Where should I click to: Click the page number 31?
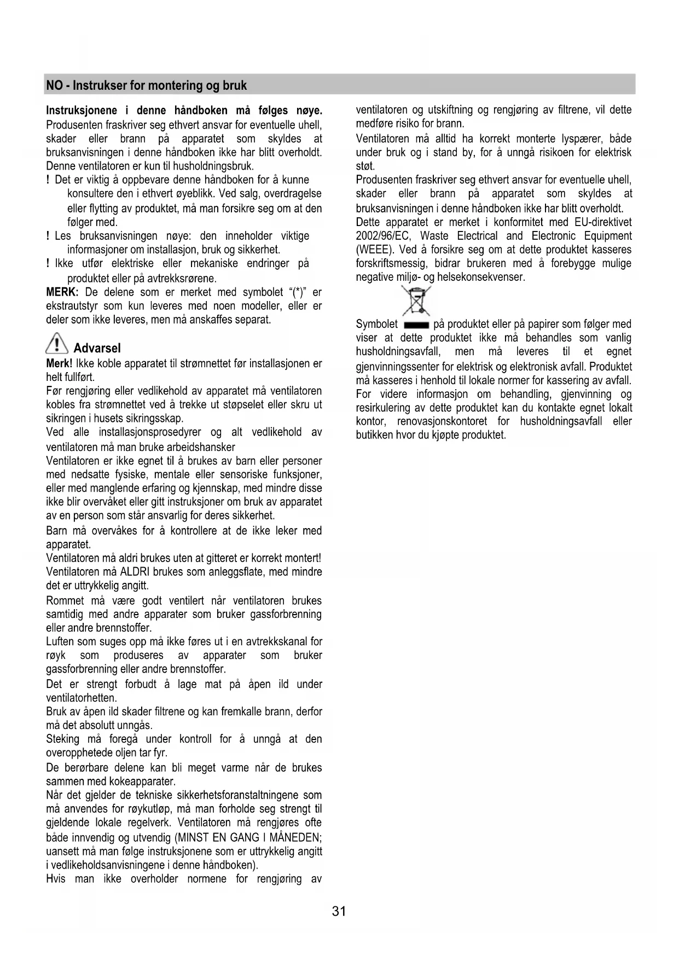[x=339, y=911]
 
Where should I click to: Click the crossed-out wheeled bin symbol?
[x=416, y=300]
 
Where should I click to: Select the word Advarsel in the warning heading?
[x=97, y=348]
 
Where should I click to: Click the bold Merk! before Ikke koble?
[x=59, y=363]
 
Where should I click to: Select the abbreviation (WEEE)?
[x=374, y=250]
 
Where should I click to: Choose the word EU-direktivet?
[x=603, y=222]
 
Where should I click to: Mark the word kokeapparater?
[x=142, y=781]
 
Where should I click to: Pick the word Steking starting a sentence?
[x=62, y=739]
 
